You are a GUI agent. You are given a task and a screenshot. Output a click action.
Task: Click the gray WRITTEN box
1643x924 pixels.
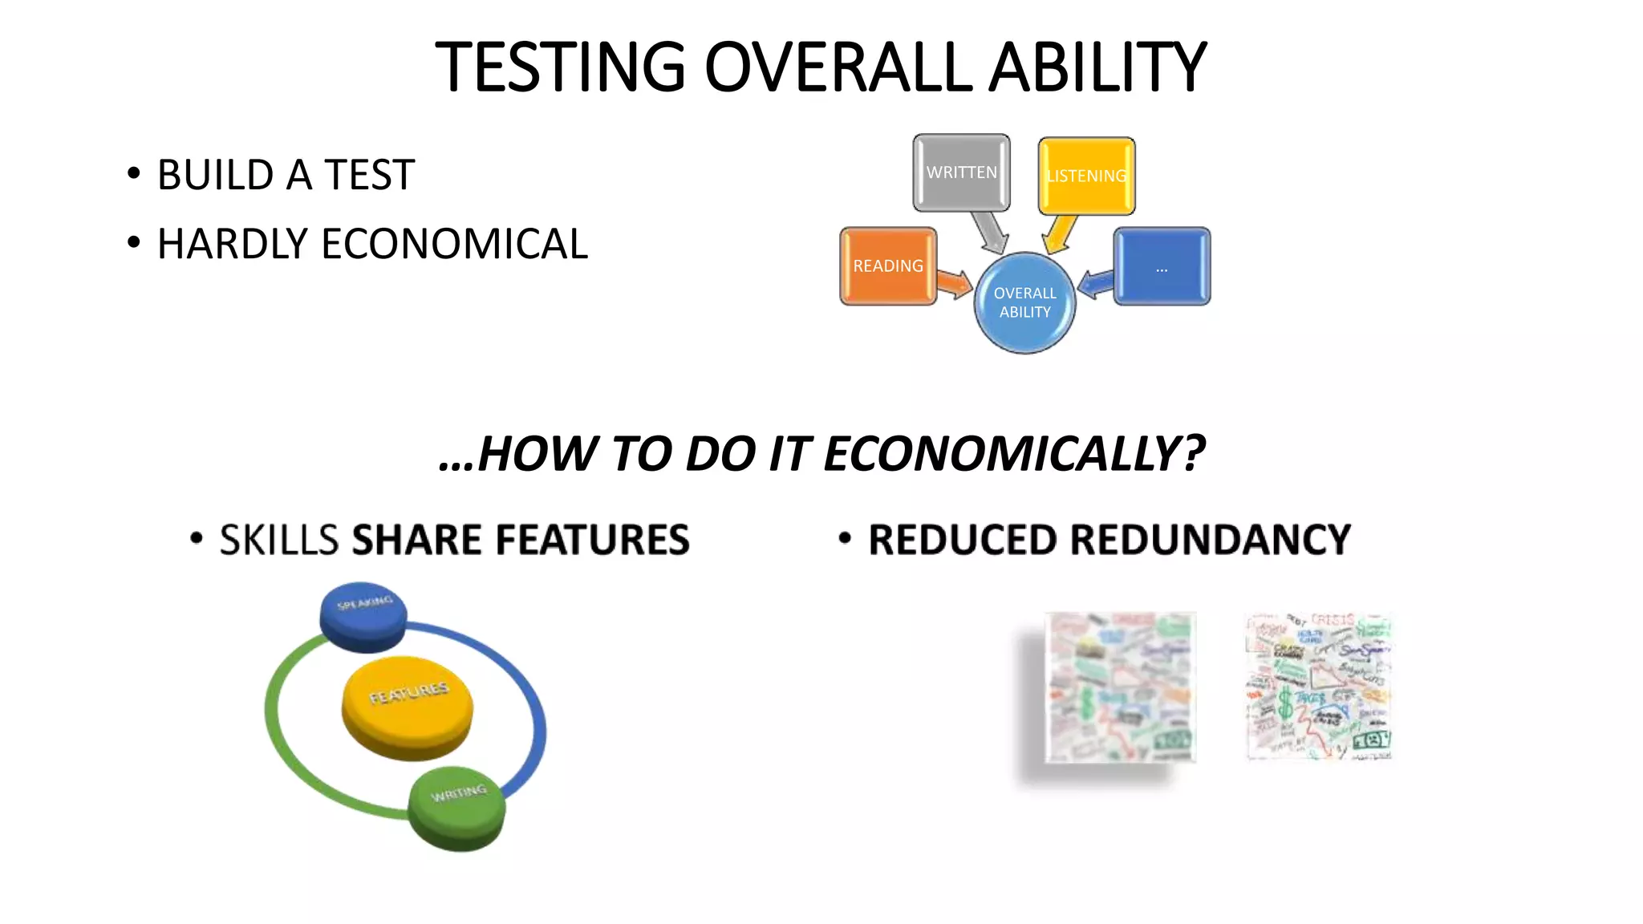961,172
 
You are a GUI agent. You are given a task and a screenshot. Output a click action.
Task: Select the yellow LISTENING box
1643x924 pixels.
1086,176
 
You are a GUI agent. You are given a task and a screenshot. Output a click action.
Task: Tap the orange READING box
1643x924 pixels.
887,265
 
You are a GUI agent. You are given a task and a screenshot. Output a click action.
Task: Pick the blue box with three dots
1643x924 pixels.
1162,266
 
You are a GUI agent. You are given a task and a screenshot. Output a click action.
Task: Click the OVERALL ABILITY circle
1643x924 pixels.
1024,303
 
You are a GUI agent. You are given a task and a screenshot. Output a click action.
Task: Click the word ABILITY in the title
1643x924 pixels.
1097,67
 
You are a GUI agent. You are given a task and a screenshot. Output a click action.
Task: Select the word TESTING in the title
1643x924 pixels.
560,67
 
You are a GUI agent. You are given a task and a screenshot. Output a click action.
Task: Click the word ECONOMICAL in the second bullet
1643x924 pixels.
454,244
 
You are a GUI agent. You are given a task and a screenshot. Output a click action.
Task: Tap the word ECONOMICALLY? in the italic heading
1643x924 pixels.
1014,454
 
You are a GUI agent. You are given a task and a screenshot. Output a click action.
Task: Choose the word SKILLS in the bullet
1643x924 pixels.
279,539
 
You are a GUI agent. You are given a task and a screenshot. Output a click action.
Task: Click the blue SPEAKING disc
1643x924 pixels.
363,616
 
